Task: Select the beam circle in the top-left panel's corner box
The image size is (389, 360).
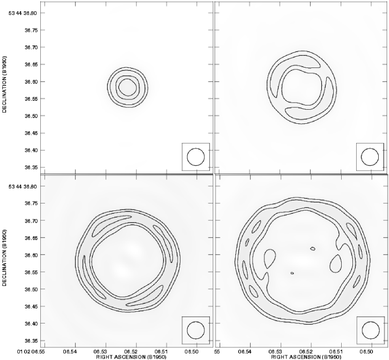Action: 187,157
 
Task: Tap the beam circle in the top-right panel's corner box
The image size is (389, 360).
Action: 361,157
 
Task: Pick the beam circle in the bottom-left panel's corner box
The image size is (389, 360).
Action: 187,330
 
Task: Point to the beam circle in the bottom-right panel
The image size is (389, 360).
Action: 362,330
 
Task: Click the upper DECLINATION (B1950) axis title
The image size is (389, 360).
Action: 4,84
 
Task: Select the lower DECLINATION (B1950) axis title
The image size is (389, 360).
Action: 4,258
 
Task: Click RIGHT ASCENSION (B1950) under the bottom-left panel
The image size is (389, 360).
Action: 131,357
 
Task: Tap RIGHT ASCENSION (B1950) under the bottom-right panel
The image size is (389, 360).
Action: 306,357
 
